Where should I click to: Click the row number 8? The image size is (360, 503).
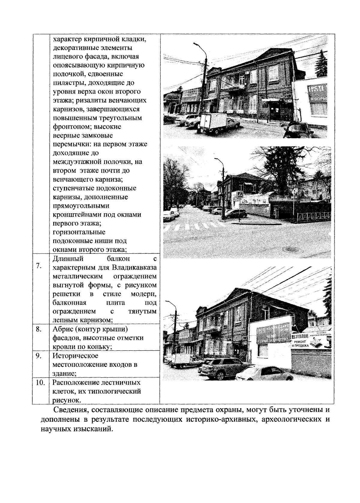pyautogui.click(x=38, y=329)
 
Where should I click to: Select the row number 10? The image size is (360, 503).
pyautogui.click(x=40, y=383)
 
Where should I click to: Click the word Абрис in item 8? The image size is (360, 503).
pyautogui.click(x=62, y=329)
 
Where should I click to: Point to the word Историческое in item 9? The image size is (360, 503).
pyautogui.click(x=75, y=356)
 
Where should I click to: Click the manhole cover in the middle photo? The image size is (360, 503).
pyautogui.click(x=291, y=249)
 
